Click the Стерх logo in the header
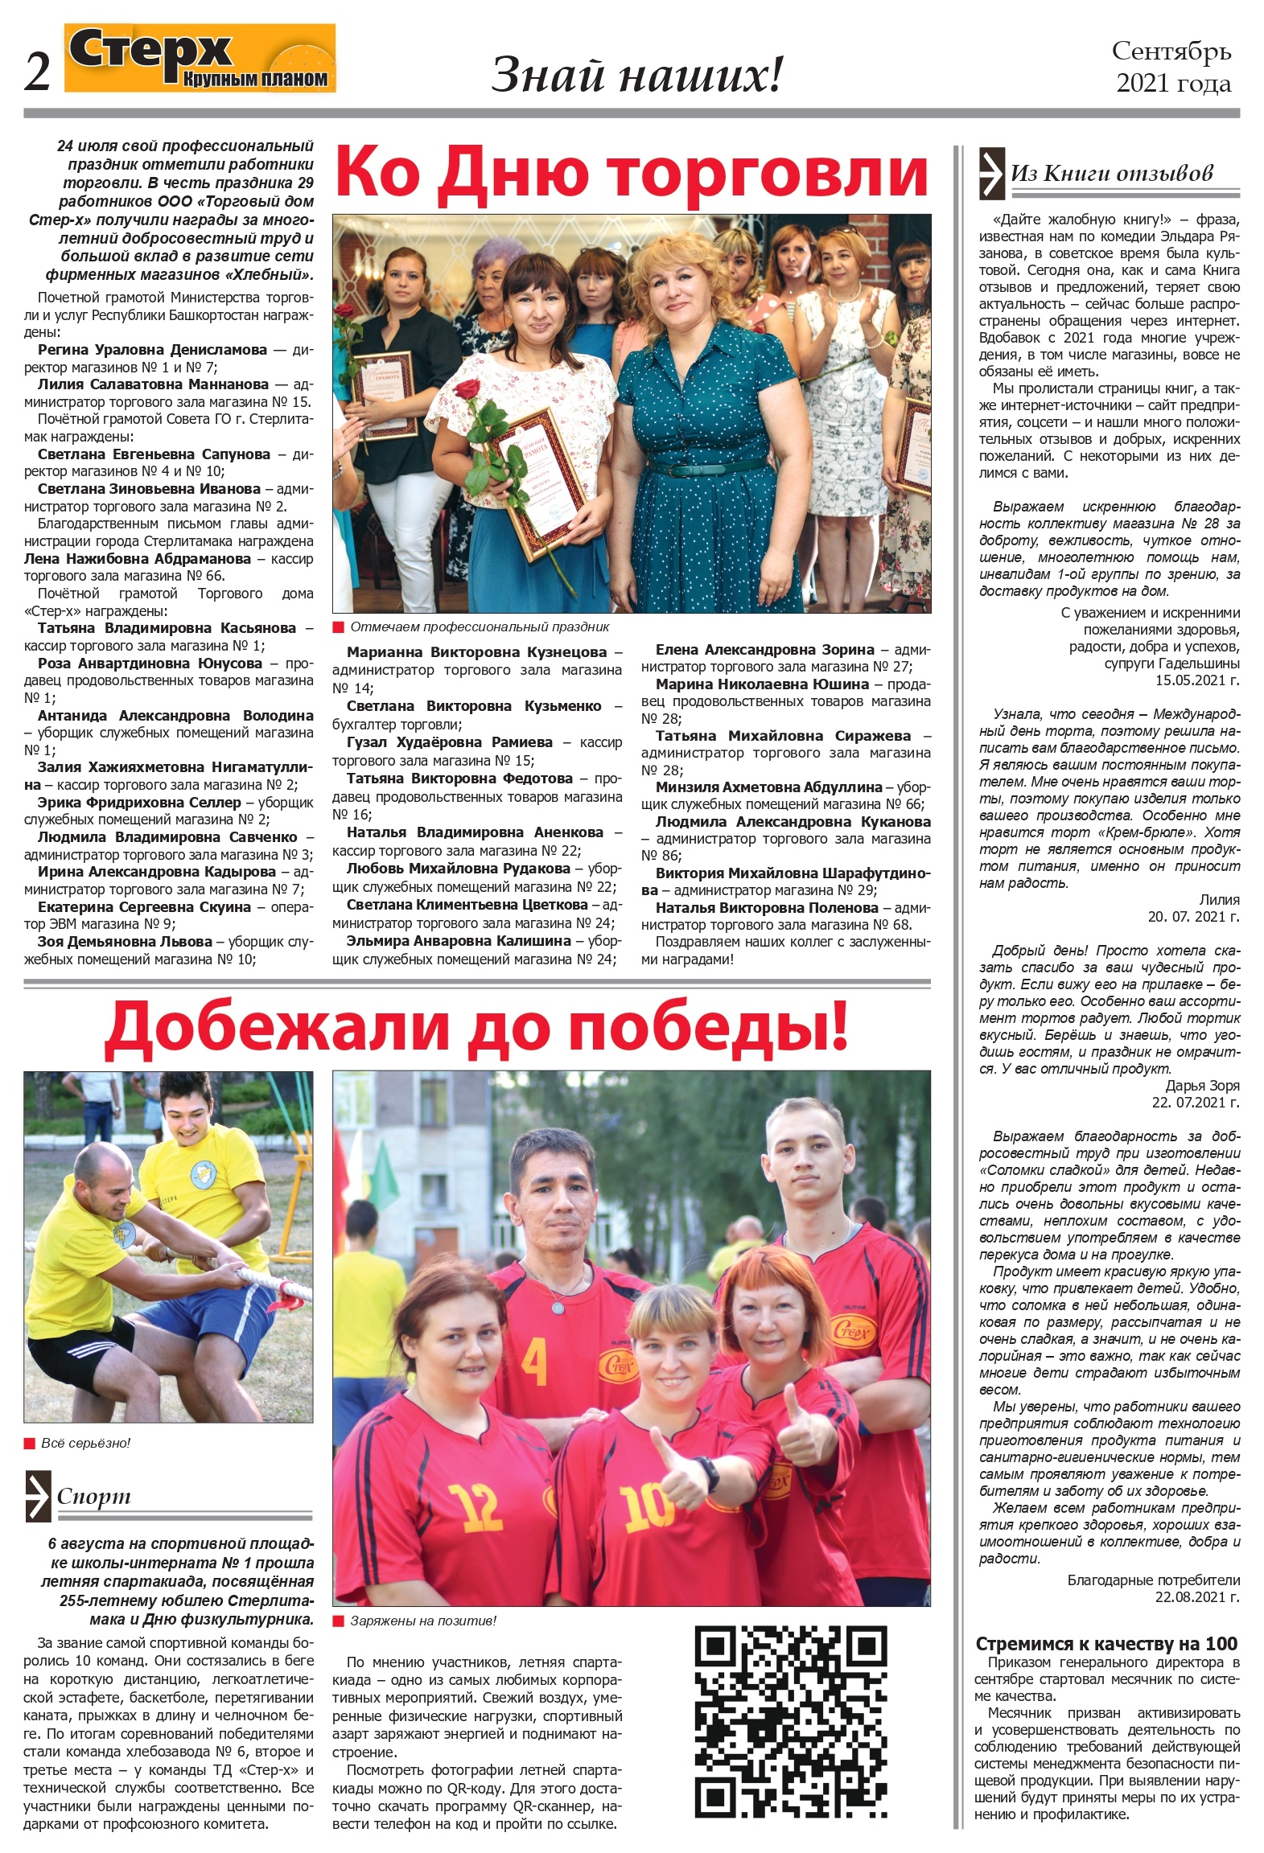click(200, 59)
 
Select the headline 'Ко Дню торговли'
click(632, 173)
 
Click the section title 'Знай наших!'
click(636, 75)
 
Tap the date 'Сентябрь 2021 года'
click(1172, 67)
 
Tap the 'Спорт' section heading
click(93, 1497)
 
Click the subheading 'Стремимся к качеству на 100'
click(1106, 1644)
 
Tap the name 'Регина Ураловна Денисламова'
click(152, 350)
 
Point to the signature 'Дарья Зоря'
click(1202, 1086)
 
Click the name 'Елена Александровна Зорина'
click(764, 649)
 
